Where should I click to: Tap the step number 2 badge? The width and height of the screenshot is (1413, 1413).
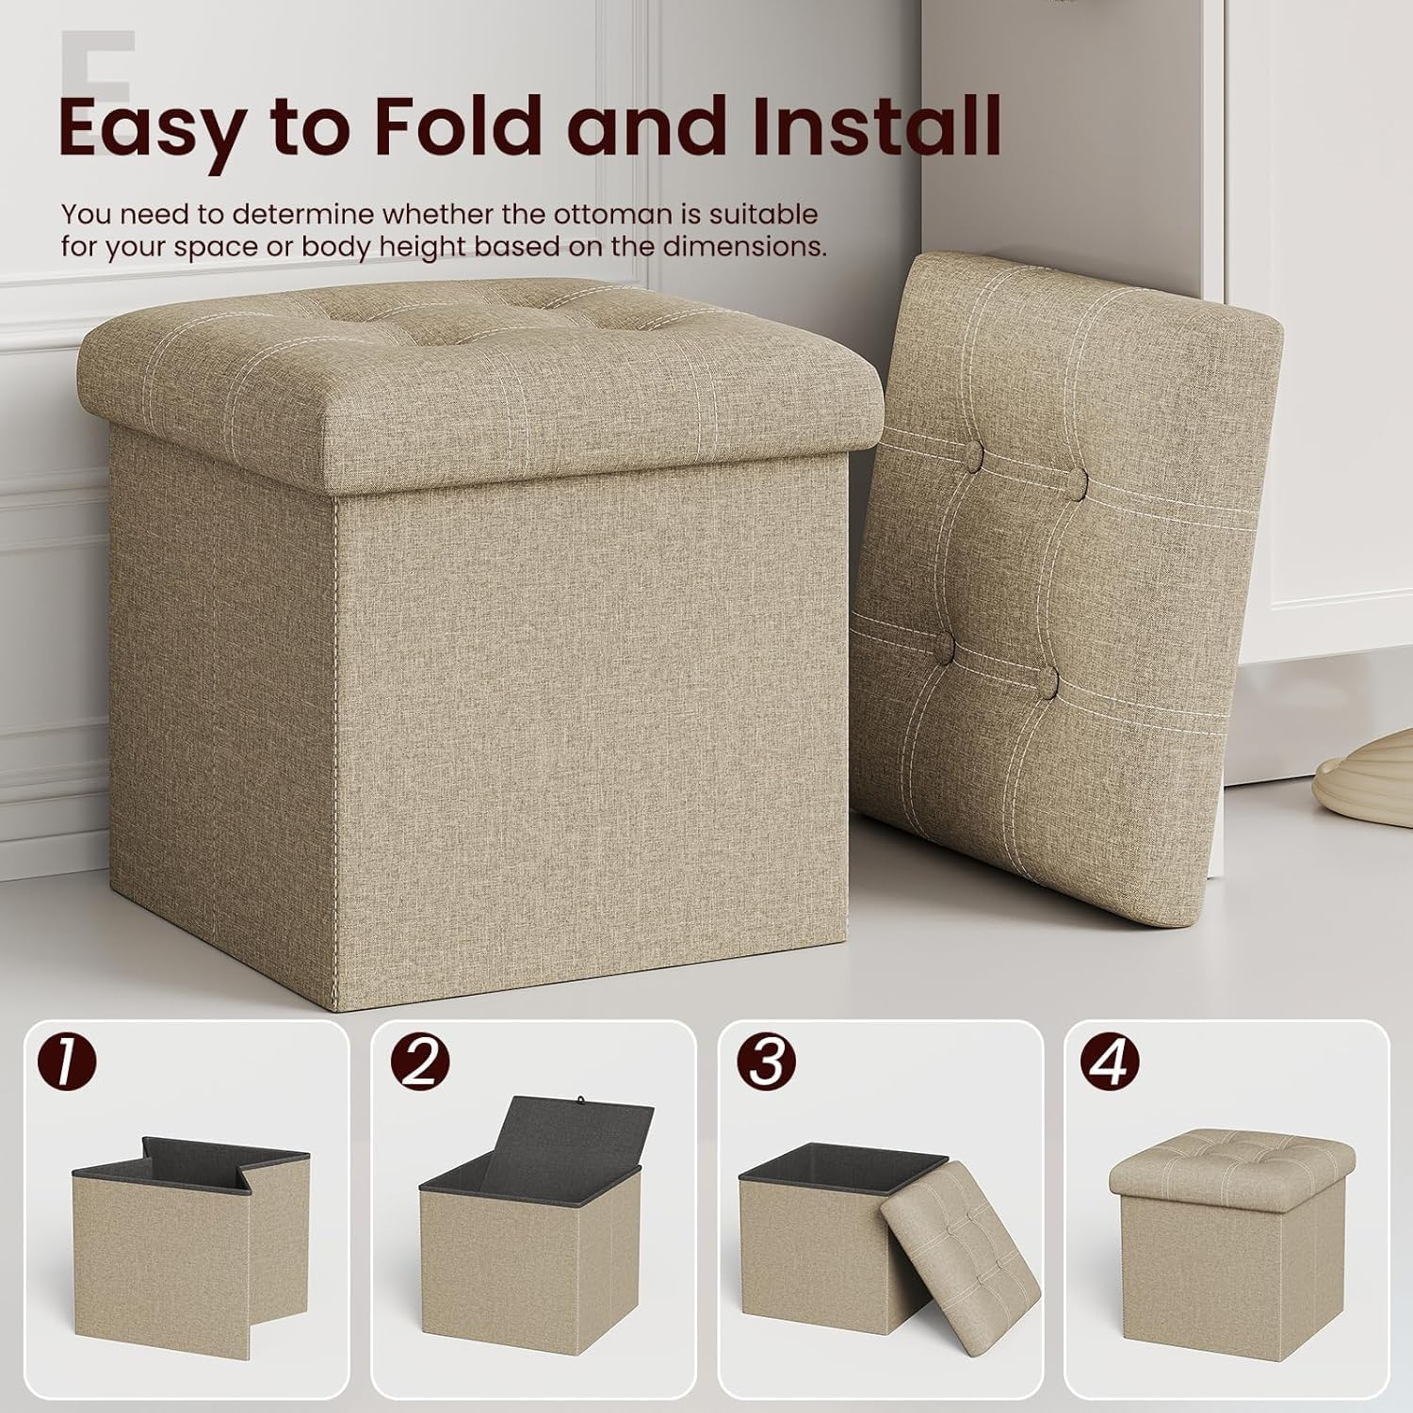420,1062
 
